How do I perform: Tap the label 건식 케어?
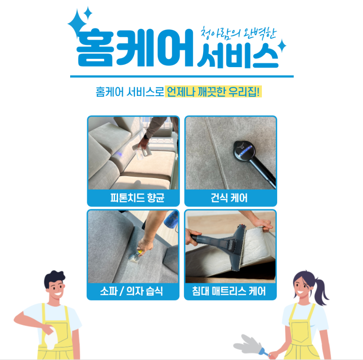click(231, 198)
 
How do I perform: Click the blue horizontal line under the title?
click(182, 76)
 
